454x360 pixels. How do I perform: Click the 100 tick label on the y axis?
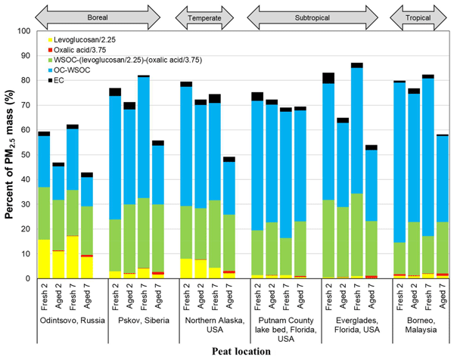tap(26, 31)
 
